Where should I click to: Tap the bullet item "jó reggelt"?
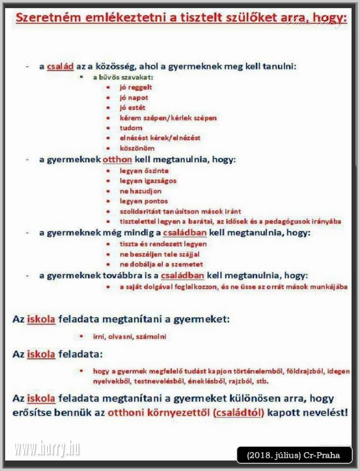coord(136,88)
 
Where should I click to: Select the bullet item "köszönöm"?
coord(137,148)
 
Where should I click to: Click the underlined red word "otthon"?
coord(117,160)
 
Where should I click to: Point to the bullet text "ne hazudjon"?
coord(141,191)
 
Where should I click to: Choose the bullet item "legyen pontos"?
coord(144,201)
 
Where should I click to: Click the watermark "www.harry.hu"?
coord(47,449)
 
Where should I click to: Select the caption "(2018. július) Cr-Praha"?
coord(293,455)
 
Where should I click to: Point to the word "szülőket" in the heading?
coord(253,18)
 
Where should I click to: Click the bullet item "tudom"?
coord(131,128)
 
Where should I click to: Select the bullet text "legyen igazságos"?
coord(148,181)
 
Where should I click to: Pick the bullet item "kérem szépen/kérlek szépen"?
coord(168,118)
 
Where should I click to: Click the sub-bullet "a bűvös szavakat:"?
coord(123,77)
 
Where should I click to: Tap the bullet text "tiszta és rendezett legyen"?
coord(163,244)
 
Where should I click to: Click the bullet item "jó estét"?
coord(132,108)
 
